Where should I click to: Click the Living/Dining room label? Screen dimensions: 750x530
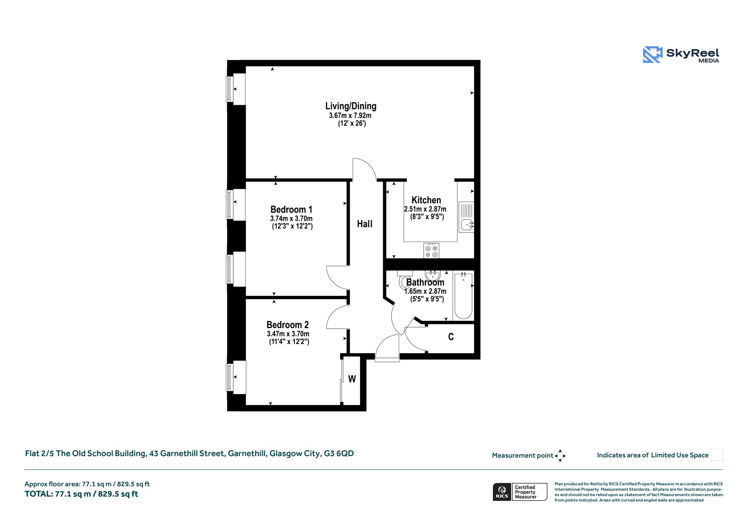tap(351, 106)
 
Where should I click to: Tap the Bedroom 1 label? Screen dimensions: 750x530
tap(292, 209)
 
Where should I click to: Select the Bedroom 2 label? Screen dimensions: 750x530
tap(287, 325)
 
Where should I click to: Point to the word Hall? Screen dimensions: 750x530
tap(365, 224)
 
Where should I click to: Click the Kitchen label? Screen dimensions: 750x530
tap(426, 200)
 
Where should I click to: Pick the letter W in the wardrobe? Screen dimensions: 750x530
tap(352, 379)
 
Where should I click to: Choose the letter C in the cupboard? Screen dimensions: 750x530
tap(451, 337)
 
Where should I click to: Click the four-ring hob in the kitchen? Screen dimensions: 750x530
tap(431, 250)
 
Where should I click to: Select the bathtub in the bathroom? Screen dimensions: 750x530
tap(463, 295)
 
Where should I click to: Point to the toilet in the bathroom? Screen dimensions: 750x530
tap(404, 280)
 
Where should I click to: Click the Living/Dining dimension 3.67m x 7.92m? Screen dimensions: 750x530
tap(350, 116)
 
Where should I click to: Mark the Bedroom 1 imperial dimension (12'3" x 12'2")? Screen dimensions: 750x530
tap(292, 226)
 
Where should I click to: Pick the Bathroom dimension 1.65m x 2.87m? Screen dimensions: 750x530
tap(425, 291)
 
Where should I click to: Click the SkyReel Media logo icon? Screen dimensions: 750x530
tap(653, 55)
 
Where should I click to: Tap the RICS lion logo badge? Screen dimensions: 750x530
tap(502, 492)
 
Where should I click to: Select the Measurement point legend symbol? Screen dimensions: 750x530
tap(560, 456)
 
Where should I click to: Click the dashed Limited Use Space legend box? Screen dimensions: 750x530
tap(717, 455)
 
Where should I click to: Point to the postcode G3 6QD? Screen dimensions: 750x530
tap(339, 454)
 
